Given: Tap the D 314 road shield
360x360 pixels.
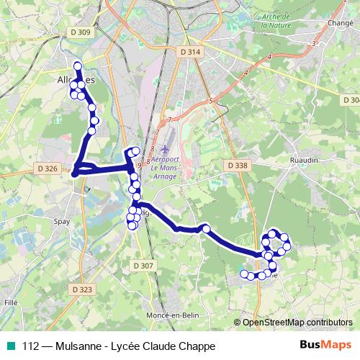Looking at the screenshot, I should [190, 52].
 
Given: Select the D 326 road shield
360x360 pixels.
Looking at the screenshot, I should [45, 168].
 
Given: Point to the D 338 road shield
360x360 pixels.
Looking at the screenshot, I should [237, 166].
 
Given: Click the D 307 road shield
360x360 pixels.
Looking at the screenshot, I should [143, 266].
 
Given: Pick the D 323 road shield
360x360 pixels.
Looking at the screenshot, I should [83, 289].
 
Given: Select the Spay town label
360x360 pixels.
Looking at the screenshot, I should [63, 222].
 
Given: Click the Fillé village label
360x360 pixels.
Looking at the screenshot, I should [11, 303].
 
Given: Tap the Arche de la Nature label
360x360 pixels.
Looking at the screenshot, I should [275, 20].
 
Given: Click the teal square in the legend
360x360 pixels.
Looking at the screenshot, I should [10, 346].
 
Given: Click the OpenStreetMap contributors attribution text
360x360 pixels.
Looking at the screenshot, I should [297, 323].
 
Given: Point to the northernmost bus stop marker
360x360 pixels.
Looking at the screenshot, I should [78, 67].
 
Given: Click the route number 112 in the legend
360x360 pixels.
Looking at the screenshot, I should [31, 346].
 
